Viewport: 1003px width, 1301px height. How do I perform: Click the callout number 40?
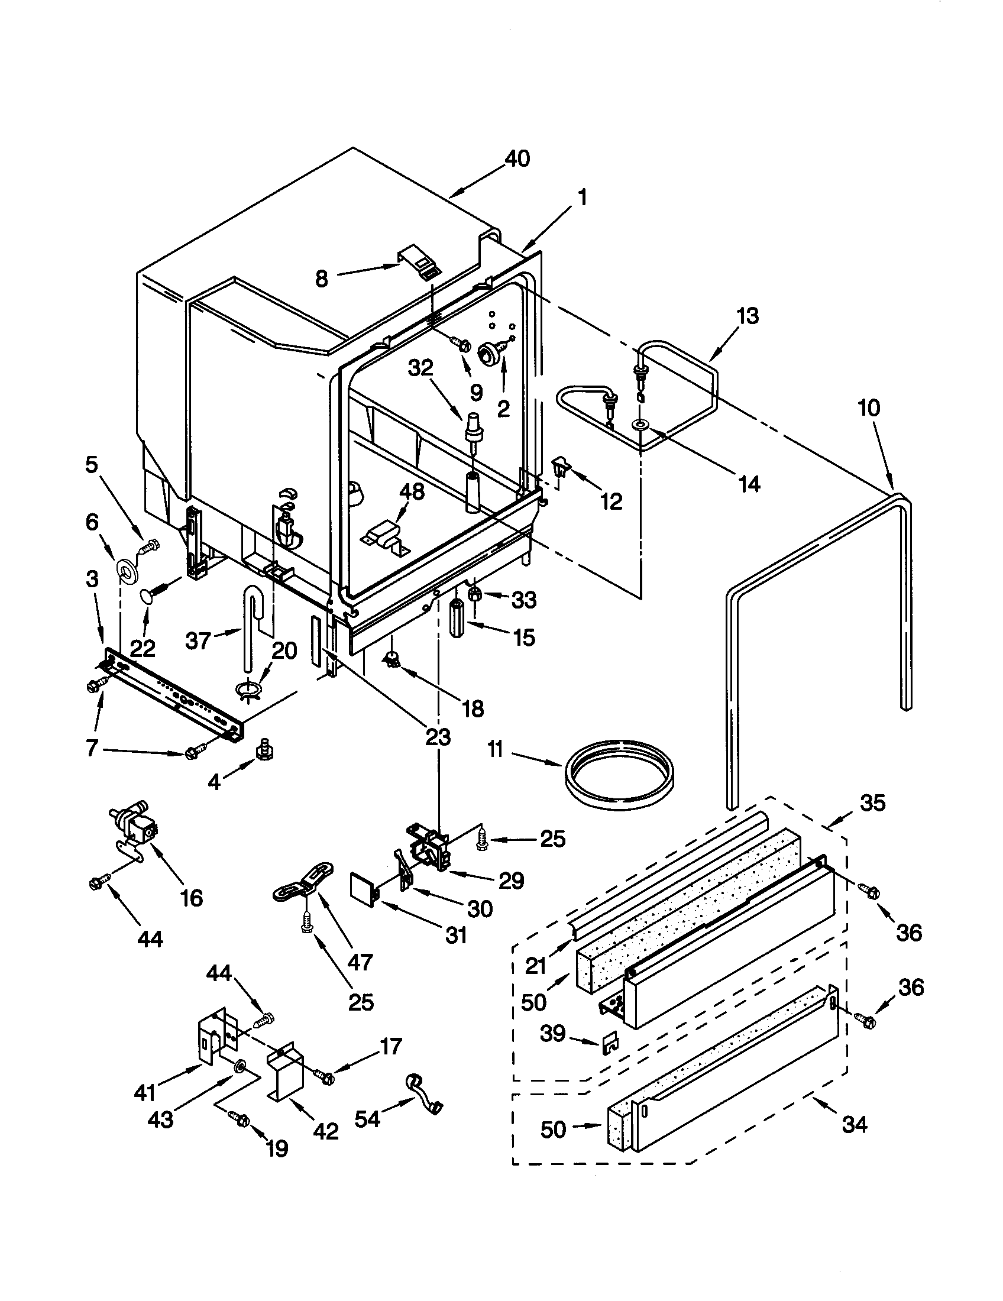[517, 159]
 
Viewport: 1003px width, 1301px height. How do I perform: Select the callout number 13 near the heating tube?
[747, 315]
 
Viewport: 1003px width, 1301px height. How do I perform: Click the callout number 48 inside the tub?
[411, 492]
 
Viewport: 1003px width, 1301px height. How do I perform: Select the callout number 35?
[872, 803]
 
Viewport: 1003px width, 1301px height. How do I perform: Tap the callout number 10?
[869, 408]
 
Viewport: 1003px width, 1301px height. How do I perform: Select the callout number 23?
[438, 737]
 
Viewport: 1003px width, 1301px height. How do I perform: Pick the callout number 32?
[420, 369]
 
